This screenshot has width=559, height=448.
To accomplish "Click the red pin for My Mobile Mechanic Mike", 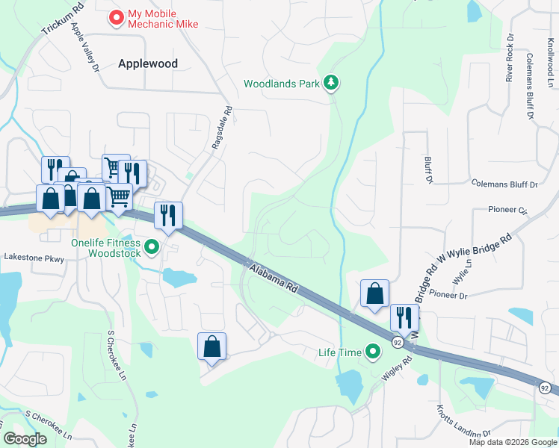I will (x=116, y=17).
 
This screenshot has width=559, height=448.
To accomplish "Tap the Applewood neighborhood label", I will (x=148, y=63).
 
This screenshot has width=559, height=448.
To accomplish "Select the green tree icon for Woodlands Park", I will (x=331, y=83).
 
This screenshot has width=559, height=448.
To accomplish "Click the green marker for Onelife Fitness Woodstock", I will (x=152, y=246).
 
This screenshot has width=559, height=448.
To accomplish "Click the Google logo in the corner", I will (x=25, y=439).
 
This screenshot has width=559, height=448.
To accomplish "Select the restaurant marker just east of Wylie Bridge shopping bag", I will (x=404, y=317).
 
